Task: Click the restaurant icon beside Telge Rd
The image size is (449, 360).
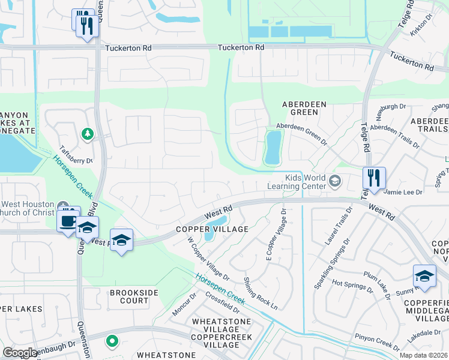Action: (x=373, y=178)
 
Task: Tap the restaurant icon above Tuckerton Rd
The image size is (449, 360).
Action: (x=85, y=23)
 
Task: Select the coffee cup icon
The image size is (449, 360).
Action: (x=68, y=220)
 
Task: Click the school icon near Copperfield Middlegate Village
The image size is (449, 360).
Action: (x=424, y=277)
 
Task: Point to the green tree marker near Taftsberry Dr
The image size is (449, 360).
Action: (x=88, y=133)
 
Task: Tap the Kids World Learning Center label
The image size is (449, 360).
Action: (x=298, y=182)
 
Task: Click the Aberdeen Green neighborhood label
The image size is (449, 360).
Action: (x=304, y=108)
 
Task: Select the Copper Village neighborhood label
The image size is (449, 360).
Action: (x=212, y=230)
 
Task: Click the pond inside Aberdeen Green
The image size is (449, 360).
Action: (x=273, y=148)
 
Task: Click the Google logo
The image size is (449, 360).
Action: (x=20, y=352)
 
